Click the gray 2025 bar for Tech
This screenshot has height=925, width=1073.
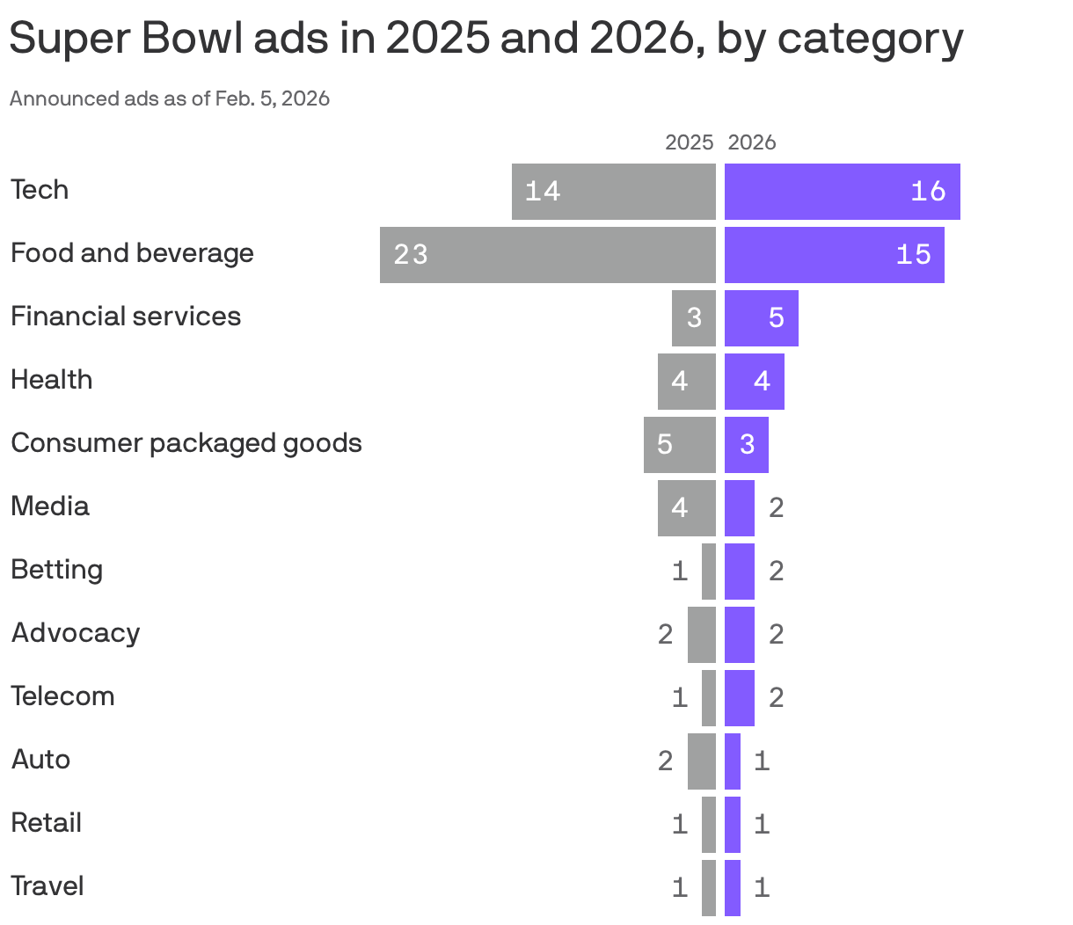tap(613, 192)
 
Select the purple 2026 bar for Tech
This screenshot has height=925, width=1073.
tap(842, 192)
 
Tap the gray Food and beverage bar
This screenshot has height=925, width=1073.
tap(547, 255)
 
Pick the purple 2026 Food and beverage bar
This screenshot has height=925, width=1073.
tap(834, 255)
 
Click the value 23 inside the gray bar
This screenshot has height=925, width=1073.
tap(411, 255)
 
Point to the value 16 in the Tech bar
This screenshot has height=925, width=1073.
tap(928, 192)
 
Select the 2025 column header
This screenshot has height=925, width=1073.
tap(689, 142)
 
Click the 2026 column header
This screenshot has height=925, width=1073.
tap(752, 142)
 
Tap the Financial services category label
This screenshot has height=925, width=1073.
tap(126, 317)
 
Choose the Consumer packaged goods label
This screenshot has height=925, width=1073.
tap(186, 443)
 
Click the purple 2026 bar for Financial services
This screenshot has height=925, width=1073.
tap(761, 318)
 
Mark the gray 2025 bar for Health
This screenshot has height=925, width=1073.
tap(686, 382)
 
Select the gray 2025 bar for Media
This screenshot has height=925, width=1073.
tap(686, 508)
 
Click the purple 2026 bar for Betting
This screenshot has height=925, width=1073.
tap(739, 572)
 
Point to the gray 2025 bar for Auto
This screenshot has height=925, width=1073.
tap(701, 761)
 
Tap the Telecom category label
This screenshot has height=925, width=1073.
tap(62, 696)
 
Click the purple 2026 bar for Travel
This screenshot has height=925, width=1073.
tap(732, 888)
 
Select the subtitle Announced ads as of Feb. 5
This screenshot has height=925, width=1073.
tap(170, 98)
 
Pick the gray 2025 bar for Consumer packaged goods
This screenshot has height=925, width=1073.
tap(679, 445)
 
